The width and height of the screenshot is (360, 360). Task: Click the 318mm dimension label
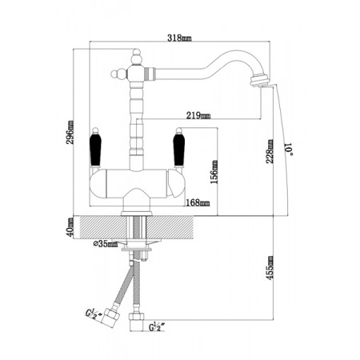(179, 38)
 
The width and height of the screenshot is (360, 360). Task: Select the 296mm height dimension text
(70, 133)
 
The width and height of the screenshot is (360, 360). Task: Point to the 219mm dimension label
(198, 115)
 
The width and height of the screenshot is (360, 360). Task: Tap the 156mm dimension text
(214, 172)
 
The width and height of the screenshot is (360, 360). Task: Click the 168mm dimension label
(198, 203)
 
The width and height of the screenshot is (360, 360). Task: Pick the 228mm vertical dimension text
(270, 151)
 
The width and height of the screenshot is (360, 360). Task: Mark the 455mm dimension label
(270, 268)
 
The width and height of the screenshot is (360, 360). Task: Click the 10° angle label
(289, 149)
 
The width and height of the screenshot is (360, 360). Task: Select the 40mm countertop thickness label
(70, 227)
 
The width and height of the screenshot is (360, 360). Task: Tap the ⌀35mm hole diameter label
(106, 244)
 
